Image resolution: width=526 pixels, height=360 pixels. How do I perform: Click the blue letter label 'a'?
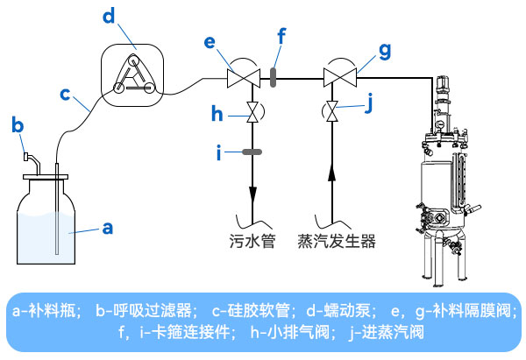108,228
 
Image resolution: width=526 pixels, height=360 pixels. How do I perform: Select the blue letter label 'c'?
64,91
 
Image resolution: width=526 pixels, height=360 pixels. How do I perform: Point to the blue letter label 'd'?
109,17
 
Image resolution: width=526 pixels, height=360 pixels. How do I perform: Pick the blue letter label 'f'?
281,38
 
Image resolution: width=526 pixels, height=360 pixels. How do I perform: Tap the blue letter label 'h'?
220,114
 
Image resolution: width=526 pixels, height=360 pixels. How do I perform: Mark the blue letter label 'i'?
220,152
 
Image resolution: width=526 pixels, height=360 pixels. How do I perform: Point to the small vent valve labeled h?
252,113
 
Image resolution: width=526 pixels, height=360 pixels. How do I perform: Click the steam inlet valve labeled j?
332,112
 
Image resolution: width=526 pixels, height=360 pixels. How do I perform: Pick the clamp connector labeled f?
273,77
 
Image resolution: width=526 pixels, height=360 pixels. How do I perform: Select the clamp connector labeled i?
252,152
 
